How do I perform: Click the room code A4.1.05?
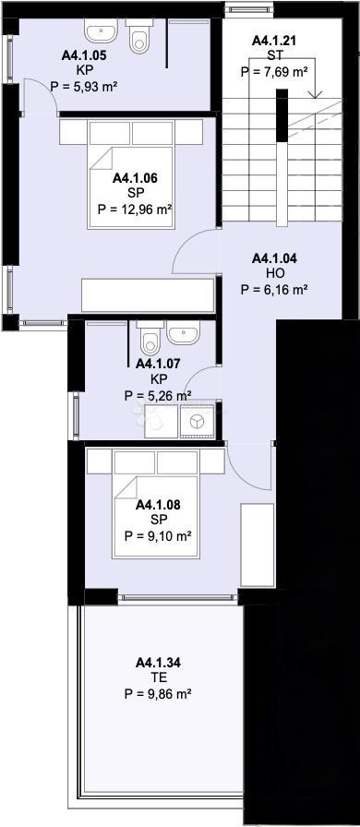point(83,55)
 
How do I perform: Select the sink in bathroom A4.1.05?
point(102,31)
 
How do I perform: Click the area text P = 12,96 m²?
point(136,210)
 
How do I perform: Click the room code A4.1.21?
point(274,40)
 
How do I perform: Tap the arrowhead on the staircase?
point(316,95)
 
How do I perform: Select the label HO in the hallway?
point(274,273)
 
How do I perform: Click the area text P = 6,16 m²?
point(274,289)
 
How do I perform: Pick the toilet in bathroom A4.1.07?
point(151,338)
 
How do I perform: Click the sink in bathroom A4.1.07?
point(183,333)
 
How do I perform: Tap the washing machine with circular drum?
point(197,422)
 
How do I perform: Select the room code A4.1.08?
point(158,505)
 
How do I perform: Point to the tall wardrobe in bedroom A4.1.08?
point(258,545)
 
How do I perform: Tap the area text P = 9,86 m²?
point(158,694)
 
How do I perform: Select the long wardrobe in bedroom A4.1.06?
point(148,295)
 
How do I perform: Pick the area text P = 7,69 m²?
point(274,72)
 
